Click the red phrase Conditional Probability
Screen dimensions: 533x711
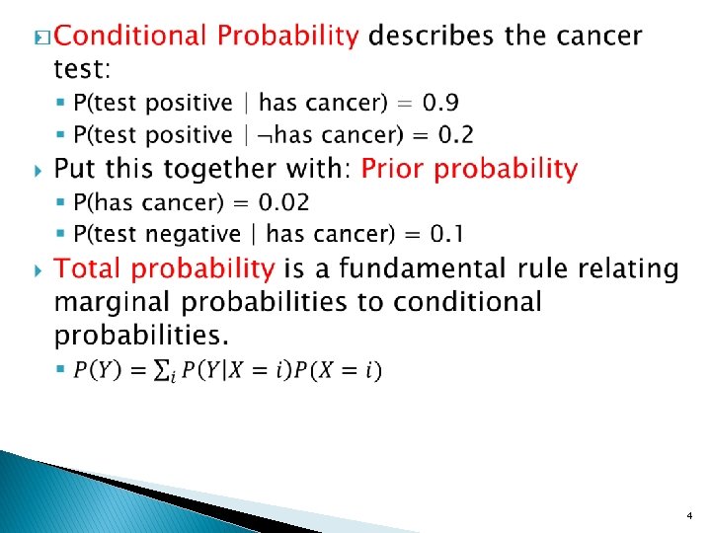pyautogui.click(x=205, y=38)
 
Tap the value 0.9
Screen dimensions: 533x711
pyautogui.click(x=440, y=103)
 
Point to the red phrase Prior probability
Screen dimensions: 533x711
pyautogui.click(x=468, y=169)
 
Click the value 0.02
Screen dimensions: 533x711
pyautogui.click(x=284, y=202)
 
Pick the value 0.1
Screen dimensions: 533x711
pyautogui.click(x=446, y=234)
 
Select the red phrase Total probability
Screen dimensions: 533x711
pyautogui.click(x=164, y=268)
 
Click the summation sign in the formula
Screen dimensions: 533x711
pyautogui.click(x=158, y=371)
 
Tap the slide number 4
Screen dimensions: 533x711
pyautogui.click(x=688, y=516)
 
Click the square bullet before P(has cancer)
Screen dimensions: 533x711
pyautogui.click(x=61, y=203)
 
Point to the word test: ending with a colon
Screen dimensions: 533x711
pyautogui.click(x=82, y=69)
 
